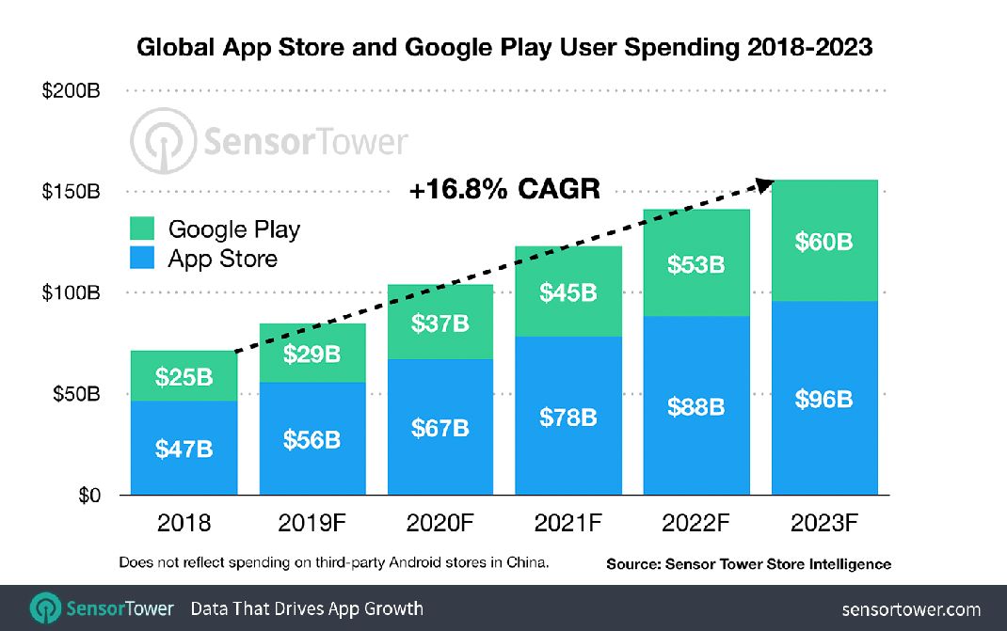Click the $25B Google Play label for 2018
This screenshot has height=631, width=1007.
point(184,377)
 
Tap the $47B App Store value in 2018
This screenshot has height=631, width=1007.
point(184,449)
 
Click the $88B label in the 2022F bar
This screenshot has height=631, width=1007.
point(696,406)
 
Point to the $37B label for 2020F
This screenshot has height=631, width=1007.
point(440,323)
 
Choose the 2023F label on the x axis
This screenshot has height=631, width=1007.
point(825,524)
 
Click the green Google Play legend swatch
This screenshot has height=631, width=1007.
point(141,229)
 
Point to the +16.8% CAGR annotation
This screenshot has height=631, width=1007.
point(503,190)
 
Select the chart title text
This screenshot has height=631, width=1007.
point(504,47)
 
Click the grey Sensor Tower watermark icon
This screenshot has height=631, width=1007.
point(161,143)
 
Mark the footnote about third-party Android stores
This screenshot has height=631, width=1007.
point(333,562)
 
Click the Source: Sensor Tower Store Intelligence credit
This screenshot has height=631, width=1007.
point(748,564)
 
